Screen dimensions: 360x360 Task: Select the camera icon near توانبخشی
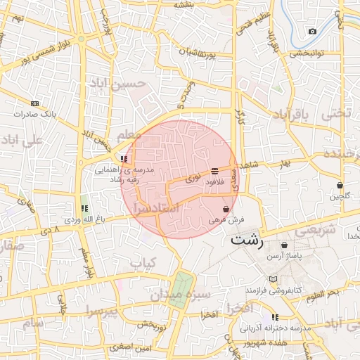click(x=312, y=31)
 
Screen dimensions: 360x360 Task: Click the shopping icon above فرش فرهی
click(x=226, y=209)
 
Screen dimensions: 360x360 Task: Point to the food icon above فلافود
click(x=214, y=171)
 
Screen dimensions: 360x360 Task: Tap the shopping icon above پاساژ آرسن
click(x=284, y=245)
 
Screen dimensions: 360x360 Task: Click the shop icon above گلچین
click(x=340, y=186)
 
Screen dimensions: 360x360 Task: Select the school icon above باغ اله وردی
click(x=84, y=209)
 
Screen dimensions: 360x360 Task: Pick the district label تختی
click(x=335, y=113)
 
